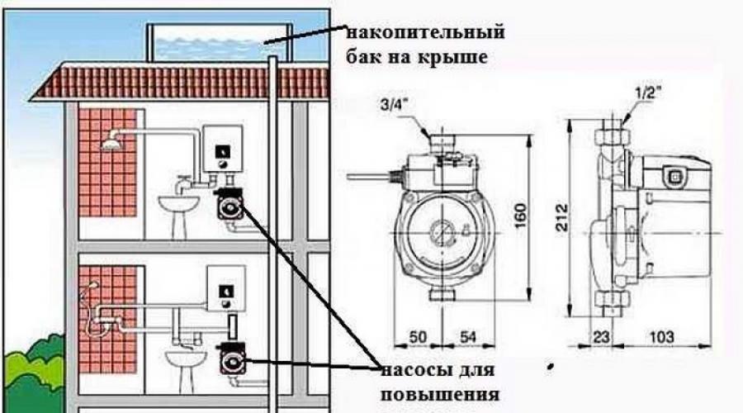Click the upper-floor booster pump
pyautogui.click(x=229, y=203)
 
